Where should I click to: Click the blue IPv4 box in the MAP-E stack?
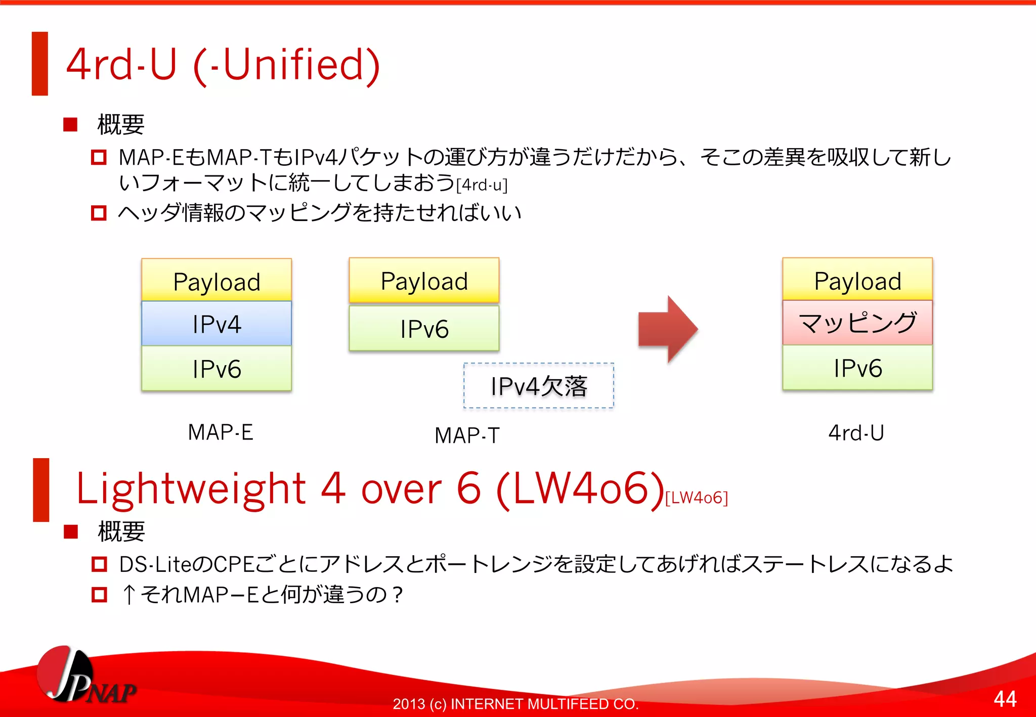217,324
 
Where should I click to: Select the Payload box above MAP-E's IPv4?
217,281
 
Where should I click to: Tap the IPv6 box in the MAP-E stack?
217,369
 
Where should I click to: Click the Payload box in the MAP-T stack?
424,281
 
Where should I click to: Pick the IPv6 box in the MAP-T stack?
424,329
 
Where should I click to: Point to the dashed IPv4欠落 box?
539,386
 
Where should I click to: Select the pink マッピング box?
857,323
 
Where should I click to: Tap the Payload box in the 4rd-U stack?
857,280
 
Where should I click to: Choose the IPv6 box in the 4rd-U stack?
857,368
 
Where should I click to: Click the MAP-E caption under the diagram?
221,432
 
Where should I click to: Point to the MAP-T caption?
467,435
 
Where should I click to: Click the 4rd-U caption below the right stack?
856,433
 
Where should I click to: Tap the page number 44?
1005,699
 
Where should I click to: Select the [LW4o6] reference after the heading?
697,498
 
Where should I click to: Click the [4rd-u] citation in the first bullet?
482,185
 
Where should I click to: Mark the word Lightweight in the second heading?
191,488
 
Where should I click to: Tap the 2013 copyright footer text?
515,704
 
